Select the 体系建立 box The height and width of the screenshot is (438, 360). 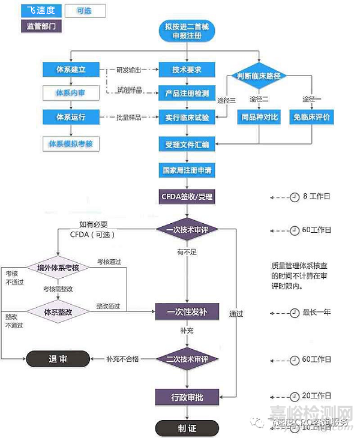coord(71,70)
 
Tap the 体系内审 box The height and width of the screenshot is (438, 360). coord(71,93)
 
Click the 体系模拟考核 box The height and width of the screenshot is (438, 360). coord(71,144)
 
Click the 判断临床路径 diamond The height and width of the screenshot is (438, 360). coord(259,76)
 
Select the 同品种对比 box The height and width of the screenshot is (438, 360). coord(259,116)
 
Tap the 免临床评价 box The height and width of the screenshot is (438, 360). coord(313,116)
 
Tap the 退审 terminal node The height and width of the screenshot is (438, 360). coord(58,359)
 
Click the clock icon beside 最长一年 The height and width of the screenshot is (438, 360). coord(294,313)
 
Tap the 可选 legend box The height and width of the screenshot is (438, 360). coord(83,11)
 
